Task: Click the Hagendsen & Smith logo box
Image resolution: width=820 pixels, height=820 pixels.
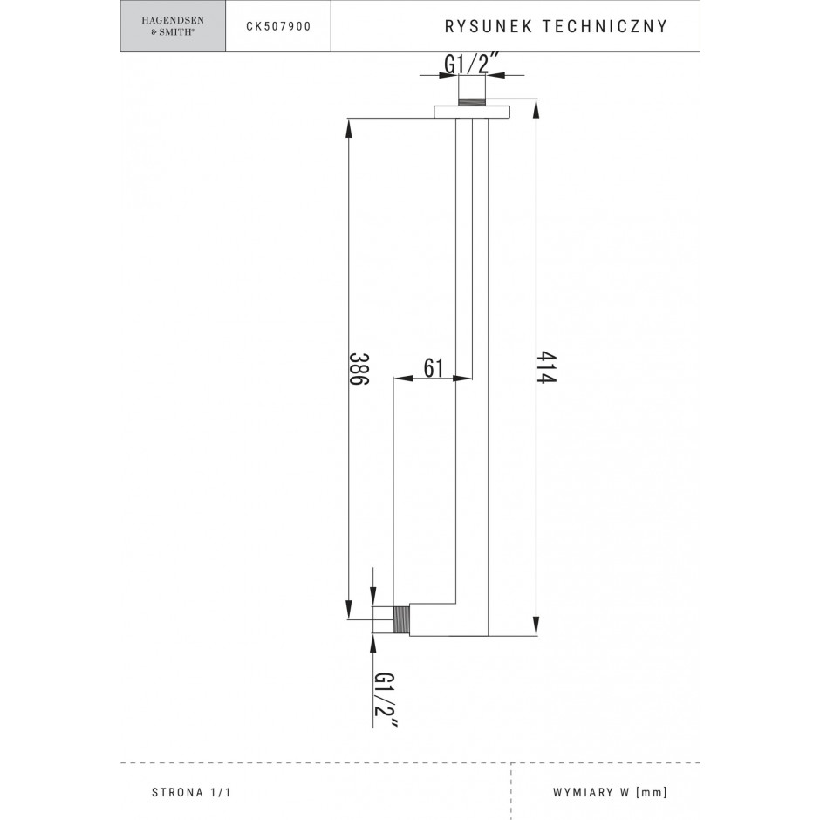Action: (173, 26)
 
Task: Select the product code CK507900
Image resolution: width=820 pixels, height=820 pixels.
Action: (279, 27)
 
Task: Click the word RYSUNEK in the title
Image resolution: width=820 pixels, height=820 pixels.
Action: (489, 27)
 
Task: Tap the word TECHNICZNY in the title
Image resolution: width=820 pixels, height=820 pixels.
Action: (605, 27)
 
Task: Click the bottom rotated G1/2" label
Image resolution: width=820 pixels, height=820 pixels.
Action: (385, 700)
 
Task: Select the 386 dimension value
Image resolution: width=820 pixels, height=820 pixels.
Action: (359, 369)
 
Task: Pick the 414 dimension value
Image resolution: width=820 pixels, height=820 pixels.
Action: (546, 367)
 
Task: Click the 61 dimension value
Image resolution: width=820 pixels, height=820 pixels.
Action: (433, 367)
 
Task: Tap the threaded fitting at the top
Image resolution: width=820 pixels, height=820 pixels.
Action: (472, 101)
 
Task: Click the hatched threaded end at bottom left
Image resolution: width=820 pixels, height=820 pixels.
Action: (401, 619)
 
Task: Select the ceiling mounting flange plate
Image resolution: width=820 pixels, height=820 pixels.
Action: (472, 112)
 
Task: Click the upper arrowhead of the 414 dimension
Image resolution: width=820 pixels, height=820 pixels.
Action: (536, 109)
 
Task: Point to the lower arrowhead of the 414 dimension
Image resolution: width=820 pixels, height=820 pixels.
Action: (536, 625)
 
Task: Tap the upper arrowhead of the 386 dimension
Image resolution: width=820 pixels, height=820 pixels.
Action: (349, 129)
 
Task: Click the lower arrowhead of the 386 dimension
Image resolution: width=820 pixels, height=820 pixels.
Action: (349, 609)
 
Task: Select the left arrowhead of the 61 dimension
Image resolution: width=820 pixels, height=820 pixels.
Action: (403, 377)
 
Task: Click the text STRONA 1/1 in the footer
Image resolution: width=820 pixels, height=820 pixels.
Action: (191, 792)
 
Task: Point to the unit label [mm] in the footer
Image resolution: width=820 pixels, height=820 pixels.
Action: (652, 792)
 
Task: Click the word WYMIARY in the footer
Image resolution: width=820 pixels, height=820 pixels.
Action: (584, 792)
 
